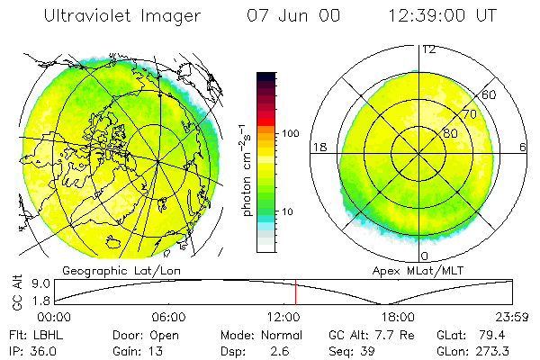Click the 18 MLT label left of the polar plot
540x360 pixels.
319,147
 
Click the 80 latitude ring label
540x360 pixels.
449,133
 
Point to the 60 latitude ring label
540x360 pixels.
490,94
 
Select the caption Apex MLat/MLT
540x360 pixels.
418,270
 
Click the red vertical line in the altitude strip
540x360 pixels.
295,292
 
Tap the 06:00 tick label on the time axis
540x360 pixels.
168,318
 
